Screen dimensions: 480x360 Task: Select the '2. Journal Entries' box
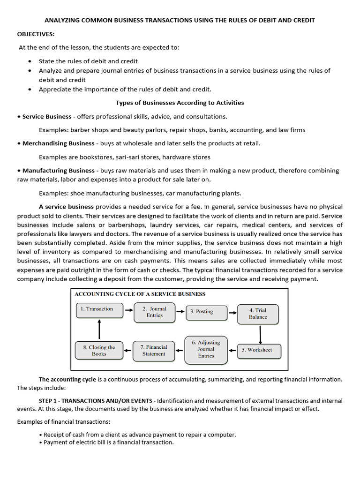click(154, 312)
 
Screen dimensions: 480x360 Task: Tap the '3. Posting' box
click(205, 311)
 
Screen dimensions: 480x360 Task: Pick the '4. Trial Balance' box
click(258, 314)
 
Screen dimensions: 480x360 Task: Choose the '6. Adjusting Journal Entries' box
click(206, 349)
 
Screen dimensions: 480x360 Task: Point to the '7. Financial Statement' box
click(153, 351)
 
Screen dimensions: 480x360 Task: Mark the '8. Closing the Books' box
click(99, 351)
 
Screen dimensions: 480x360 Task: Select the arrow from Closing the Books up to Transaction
click(99, 329)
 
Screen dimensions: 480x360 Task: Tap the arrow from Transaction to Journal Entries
click(128, 310)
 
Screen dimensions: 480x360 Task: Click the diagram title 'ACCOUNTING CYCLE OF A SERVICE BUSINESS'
click(140, 294)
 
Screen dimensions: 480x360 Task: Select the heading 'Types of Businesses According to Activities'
click(180, 103)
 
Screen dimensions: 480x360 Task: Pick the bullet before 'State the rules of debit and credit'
click(30, 61)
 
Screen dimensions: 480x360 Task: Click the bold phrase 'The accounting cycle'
click(67, 379)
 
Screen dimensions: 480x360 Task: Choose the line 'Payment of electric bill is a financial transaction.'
click(108, 442)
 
